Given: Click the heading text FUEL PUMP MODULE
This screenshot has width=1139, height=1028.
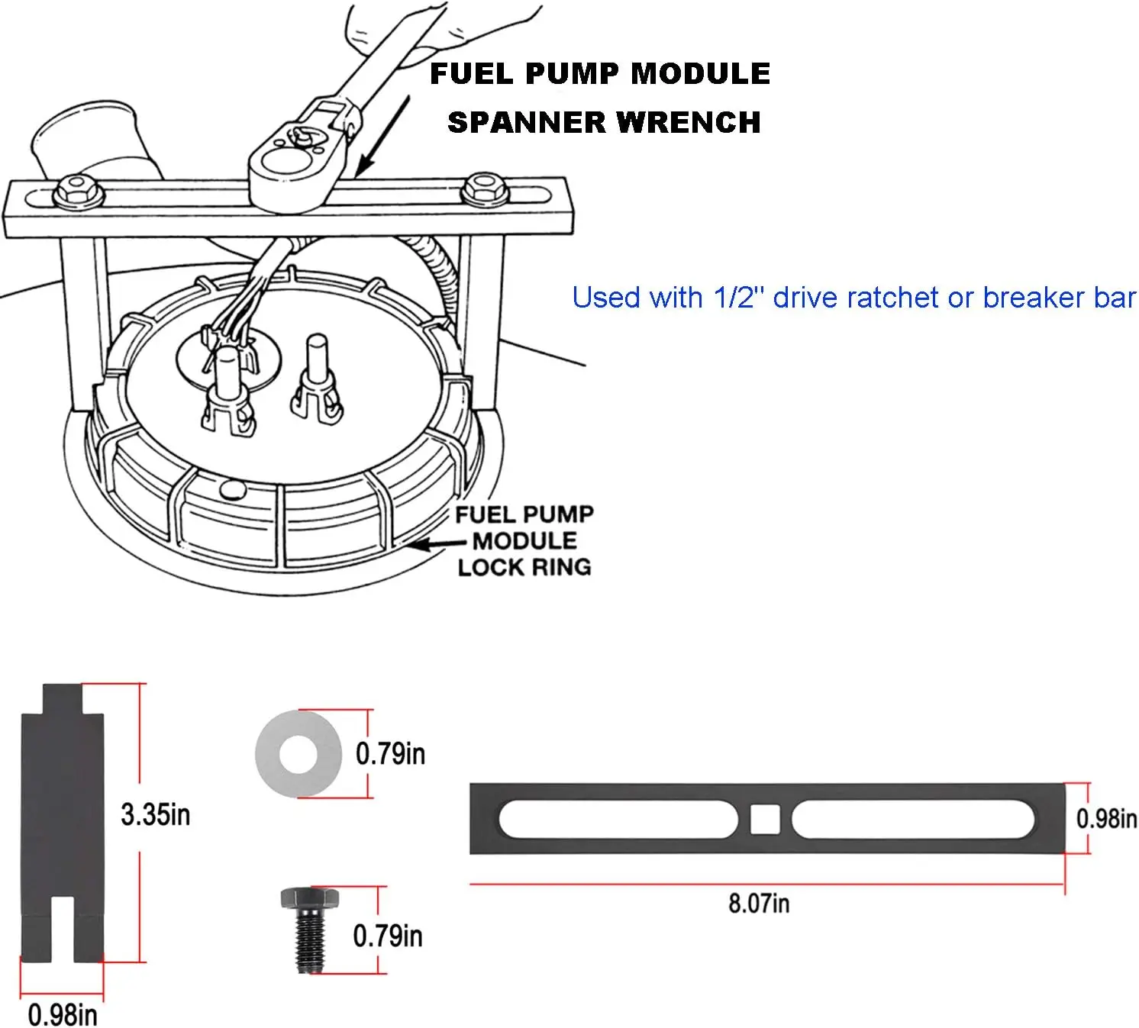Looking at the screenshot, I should pyautogui.click(x=600, y=74).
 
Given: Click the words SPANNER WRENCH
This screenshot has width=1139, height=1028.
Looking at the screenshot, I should pyautogui.click(x=604, y=122).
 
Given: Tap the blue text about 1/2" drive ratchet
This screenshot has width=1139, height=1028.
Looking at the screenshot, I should pyautogui.click(x=853, y=298).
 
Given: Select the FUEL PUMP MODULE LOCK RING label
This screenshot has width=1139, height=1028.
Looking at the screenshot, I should pyautogui.click(x=524, y=540).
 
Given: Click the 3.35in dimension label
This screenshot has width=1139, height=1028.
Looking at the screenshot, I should pyautogui.click(x=155, y=814).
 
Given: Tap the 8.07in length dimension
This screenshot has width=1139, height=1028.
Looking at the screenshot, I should pyautogui.click(x=759, y=904).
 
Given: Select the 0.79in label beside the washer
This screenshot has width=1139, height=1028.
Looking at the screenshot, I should pyautogui.click(x=390, y=754).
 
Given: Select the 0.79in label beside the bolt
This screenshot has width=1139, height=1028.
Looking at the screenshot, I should pyautogui.click(x=388, y=936).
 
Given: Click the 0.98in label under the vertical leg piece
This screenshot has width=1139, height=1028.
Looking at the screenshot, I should pyautogui.click(x=63, y=1015).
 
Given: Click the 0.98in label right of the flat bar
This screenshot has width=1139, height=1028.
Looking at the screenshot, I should pyautogui.click(x=1106, y=819).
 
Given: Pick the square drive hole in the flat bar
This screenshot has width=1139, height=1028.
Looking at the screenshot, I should pyautogui.click(x=765, y=819).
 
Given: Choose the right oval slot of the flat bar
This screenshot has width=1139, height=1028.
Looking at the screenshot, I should pyautogui.click(x=913, y=819).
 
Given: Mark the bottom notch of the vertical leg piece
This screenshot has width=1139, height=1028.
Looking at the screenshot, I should pyautogui.click(x=63, y=927).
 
